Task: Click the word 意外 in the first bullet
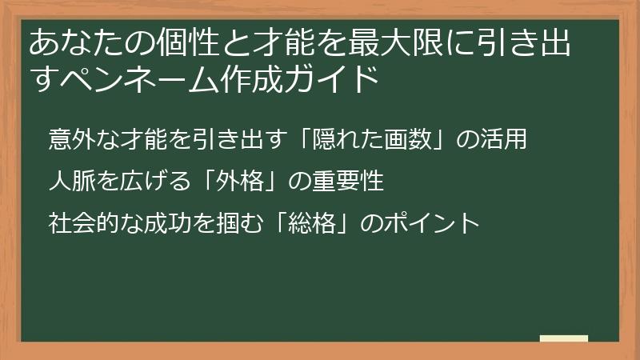(70, 138)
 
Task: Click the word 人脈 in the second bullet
(70, 181)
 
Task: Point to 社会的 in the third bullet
(81, 222)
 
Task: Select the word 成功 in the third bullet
(171, 222)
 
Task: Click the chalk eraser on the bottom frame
(563, 339)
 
